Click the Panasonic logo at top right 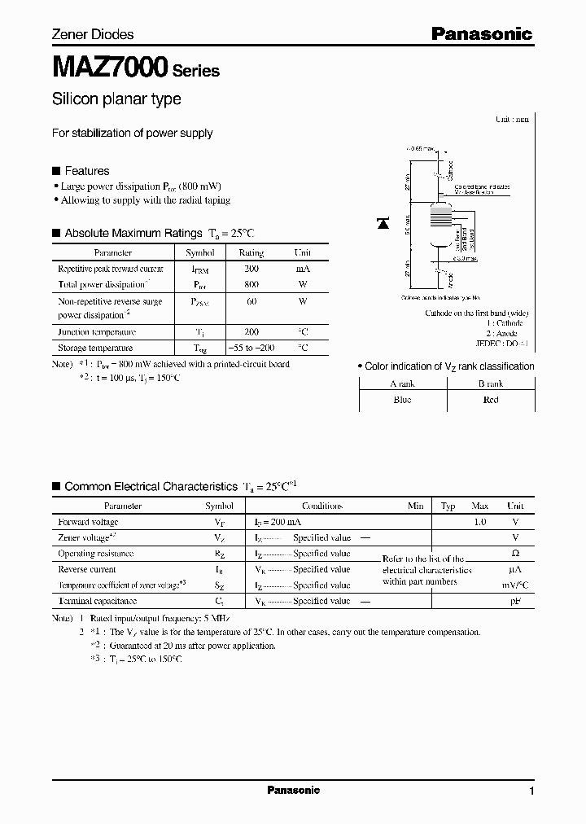481,33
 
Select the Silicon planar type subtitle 116,99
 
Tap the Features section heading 86,171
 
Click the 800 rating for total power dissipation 251,284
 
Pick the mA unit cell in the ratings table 302,269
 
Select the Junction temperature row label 97,332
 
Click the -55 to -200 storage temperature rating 251,348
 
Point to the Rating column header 251,253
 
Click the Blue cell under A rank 402,400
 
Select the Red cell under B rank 491,400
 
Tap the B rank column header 491,384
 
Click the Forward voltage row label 88,522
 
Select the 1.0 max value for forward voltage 479,522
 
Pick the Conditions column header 321,506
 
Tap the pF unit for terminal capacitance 514,601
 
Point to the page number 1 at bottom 531,791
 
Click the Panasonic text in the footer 293,790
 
